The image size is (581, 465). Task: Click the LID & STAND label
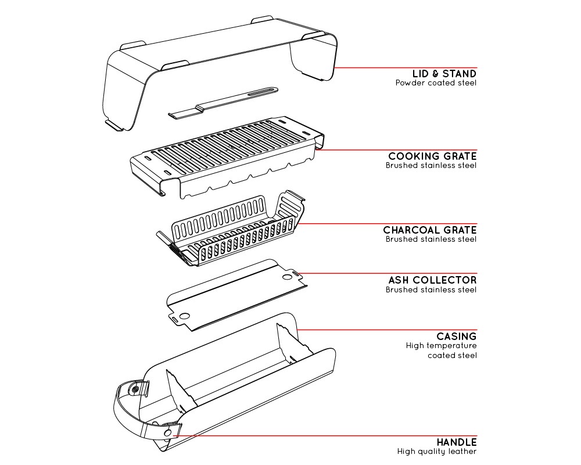click(x=444, y=74)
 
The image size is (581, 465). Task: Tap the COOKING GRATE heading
click(x=432, y=156)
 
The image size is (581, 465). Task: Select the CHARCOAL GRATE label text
click(x=430, y=230)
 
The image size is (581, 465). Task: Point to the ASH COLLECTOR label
click(x=432, y=280)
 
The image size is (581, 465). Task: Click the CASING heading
click(x=457, y=337)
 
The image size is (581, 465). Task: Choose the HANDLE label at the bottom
click(x=457, y=442)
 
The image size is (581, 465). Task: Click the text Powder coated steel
click(x=436, y=83)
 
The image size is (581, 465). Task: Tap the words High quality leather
click(x=437, y=451)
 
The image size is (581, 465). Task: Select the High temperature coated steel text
click(x=442, y=350)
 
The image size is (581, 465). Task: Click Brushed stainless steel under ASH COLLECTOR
click(x=431, y=289)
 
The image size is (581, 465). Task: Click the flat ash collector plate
click(x=237, y=295)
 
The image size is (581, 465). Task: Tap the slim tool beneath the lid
click(x=223, y=103)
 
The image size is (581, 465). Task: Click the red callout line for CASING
click(x=387, y=330)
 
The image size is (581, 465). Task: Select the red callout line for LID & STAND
click(x=405, y=67)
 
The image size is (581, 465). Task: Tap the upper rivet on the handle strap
click(x=135, y=389)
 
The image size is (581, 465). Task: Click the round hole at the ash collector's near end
click(x=185, y=316)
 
